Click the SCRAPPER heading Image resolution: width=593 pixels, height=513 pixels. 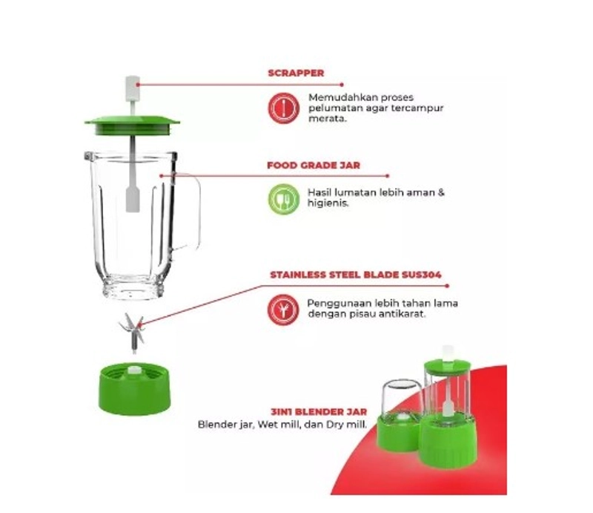(x=295, y=73)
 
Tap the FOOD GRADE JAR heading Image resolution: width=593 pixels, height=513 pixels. (x=314, y=166)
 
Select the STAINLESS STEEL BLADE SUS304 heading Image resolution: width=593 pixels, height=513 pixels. (x=356, y=275)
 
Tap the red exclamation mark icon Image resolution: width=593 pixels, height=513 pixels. (x=282, y=108)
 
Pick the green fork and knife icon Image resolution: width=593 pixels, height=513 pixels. (x=282, y=198)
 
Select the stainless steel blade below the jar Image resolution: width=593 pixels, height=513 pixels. (x=132, y=330)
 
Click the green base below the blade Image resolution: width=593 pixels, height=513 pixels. (x=133, y=382)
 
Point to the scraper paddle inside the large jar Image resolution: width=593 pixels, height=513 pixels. (x=133, y=196)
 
